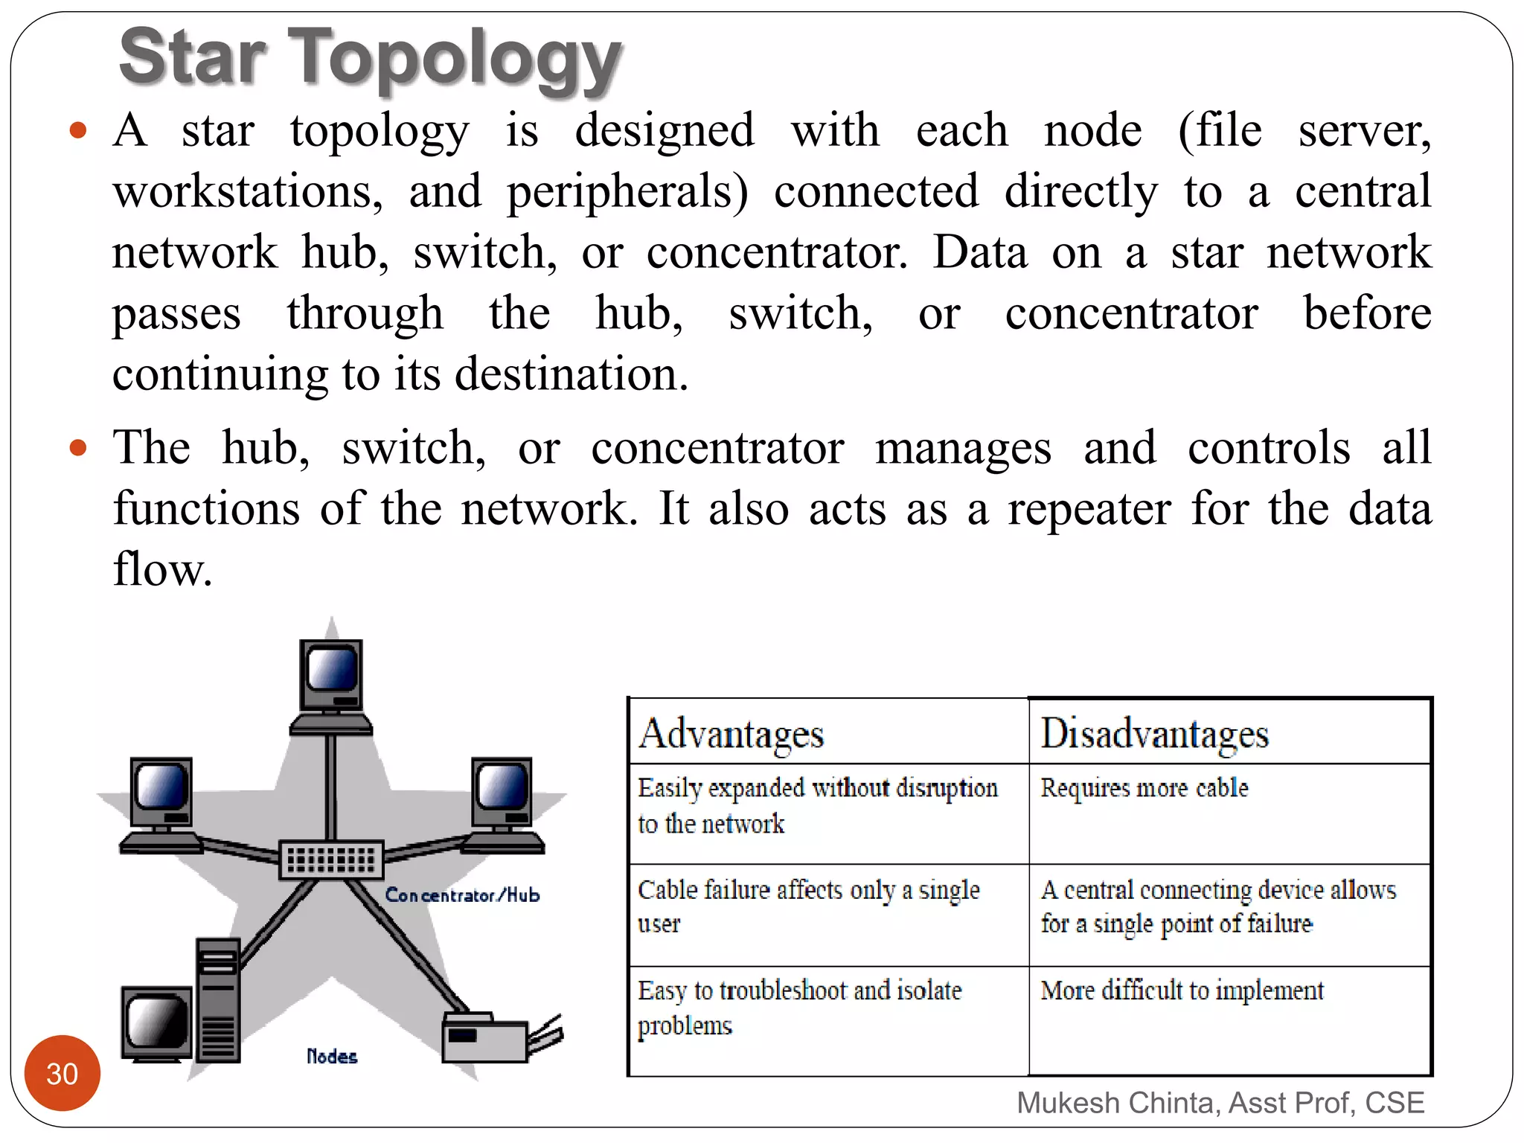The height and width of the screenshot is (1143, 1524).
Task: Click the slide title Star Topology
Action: (x=370, y=58)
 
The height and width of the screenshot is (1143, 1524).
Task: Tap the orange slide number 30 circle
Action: (x=62, y=1073)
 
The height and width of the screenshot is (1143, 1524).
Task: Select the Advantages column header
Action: (x=731, y=734)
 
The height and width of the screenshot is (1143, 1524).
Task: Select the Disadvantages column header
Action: (x=1154, y=734)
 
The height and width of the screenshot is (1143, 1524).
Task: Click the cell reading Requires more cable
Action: (x=1144, y=788)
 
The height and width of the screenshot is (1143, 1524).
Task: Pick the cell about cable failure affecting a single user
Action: (x=808, y=906)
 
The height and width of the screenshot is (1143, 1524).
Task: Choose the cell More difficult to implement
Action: (x=1182, y=990)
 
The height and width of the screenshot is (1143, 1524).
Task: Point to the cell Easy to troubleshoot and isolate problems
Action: (x=799, y=1007)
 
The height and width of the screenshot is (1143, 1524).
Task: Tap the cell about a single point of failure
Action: (x=1217, y=906)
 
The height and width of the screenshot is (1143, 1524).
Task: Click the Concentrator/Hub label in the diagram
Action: (x=462, y=895)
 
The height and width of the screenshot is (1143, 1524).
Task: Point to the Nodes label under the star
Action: (x=332, y=1057)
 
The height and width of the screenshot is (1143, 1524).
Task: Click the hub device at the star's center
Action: (x=331, y=860)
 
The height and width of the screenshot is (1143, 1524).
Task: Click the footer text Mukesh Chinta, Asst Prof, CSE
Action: (x=1220, y=1103)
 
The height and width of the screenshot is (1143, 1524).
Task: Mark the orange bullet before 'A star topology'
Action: (x=78, y=132)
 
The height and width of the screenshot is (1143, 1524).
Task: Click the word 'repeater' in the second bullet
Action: (x=1089, y=510)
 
